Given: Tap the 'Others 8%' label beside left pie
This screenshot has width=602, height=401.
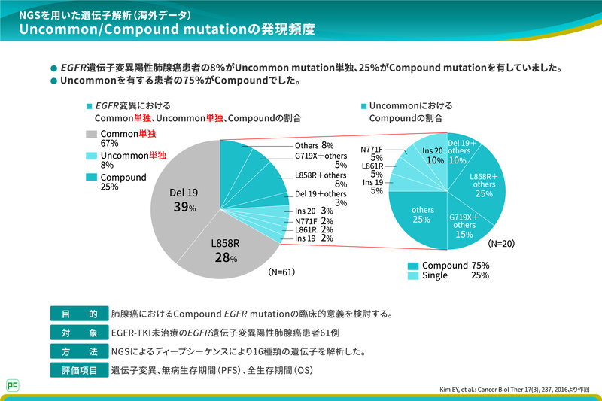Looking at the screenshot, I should (x=314, y=145).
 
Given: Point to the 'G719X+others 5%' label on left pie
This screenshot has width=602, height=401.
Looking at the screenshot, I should (x=321, y=160).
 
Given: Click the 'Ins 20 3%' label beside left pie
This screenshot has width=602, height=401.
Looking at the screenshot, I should (x=314, y=211).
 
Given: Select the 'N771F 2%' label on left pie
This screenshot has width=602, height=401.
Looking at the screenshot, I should (x=314, y=221).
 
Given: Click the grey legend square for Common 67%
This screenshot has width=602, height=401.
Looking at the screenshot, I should (x=91, y=134).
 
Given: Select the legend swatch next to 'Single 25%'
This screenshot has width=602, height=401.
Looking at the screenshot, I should (x=413, y=276).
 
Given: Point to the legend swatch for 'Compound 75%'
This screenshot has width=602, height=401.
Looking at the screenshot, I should (x=413, y=266).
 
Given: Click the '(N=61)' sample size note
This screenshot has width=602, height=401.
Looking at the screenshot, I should (x=284, y=272).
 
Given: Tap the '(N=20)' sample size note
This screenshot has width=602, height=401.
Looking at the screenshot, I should (x=502, y=244).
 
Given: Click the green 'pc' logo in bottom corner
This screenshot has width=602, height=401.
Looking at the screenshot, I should (x=12, y=384).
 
